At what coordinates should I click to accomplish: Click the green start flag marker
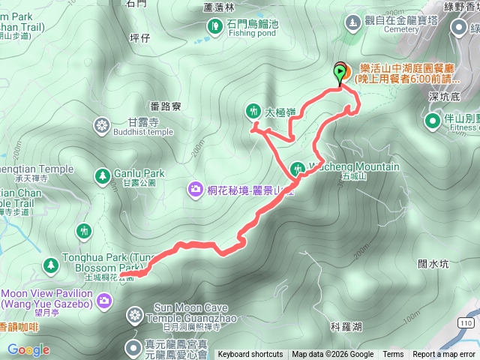pos(341,73)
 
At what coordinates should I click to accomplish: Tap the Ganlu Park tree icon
pos(101,175)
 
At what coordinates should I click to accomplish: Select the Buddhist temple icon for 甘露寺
pos(102,125)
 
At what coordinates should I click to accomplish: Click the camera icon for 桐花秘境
pos(196,188)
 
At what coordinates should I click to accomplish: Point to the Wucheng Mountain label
pos(352,166)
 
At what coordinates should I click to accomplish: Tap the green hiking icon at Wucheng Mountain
pos(298,169)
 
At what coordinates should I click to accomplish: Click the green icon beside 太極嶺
pos(252,110)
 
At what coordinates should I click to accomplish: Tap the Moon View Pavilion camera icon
pos(104,301)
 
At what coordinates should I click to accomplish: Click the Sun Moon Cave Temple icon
pos(135,313)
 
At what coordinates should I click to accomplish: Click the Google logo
pos(28,349)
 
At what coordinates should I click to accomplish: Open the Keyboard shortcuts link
pos(250,355)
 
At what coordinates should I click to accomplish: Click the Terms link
pos(393,355)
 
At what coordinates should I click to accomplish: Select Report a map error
pos(444,355)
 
